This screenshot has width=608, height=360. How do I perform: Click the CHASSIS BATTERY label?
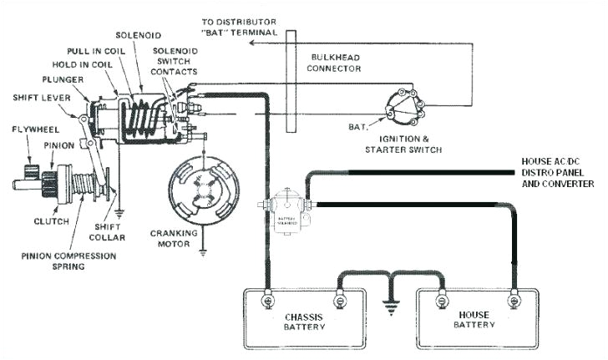click(x=303, y=322)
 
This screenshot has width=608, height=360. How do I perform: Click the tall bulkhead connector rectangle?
click(x=291, y=79)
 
